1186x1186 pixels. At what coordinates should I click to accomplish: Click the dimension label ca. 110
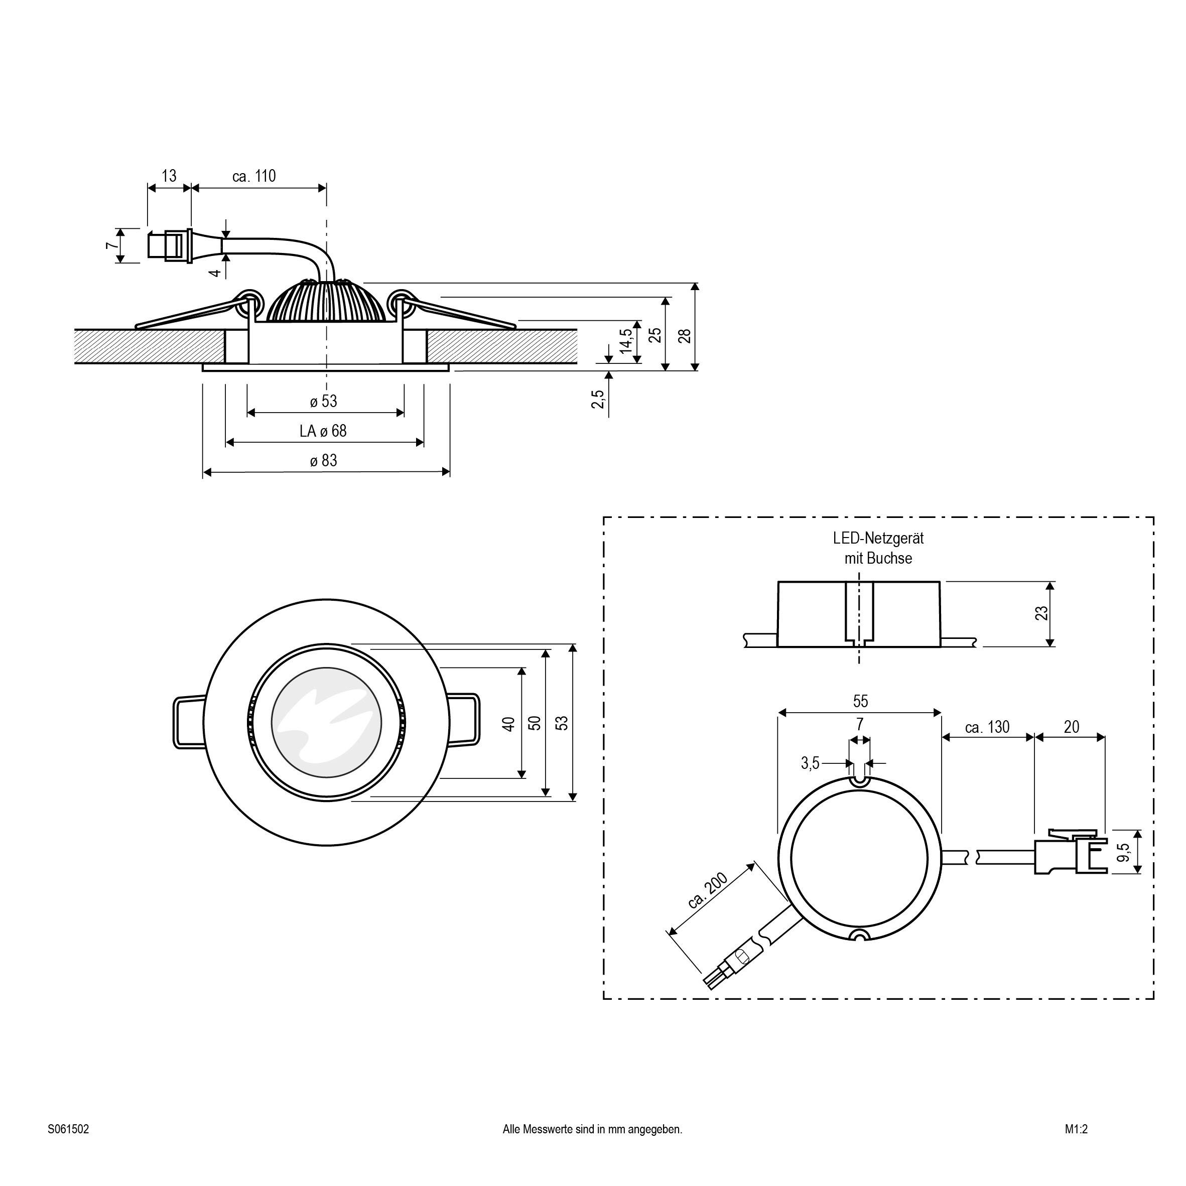tap(254, 176)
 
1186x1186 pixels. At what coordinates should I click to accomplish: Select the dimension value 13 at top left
tap(169, 176)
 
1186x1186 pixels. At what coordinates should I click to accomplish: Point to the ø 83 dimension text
tap(324, 460)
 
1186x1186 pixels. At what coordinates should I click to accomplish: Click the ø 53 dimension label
tap(324, 402)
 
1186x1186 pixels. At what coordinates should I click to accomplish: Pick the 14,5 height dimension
tap(625, 341)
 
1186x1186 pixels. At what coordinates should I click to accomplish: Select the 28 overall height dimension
tap(685, 336)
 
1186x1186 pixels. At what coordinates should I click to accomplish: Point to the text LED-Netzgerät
tap(878, 539)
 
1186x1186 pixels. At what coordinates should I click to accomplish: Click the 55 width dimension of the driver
tap(860, 701)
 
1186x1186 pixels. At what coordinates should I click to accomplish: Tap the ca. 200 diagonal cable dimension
tap(707, 891)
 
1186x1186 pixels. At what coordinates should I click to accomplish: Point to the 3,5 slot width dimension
tap(810, 763)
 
